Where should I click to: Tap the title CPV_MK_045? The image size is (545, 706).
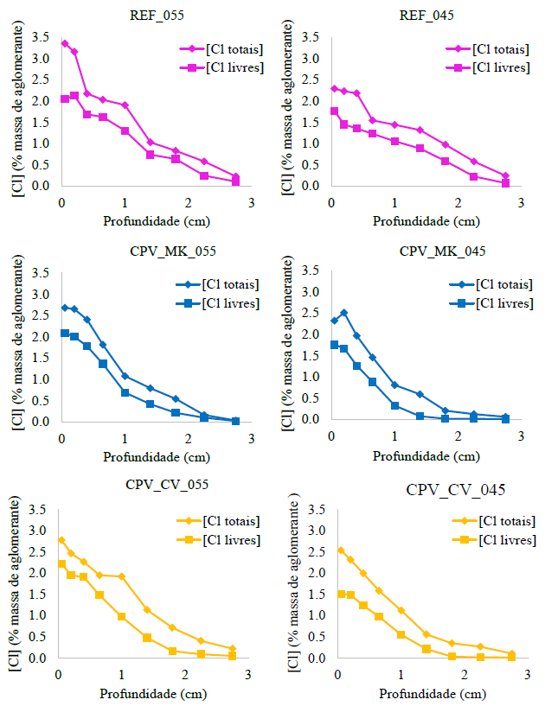coord(426,251)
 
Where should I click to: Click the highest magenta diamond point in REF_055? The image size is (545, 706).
coord(65,43)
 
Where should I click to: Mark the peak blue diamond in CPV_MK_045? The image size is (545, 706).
coord(343,313)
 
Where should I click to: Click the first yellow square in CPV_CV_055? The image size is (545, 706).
coord(61,564)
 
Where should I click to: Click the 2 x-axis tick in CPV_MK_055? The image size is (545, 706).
coord(189,436)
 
